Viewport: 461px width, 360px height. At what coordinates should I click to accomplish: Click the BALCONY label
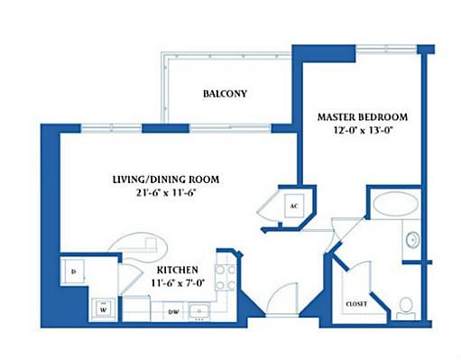(225, 94)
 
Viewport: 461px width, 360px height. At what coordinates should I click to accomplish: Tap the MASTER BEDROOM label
(363, 117)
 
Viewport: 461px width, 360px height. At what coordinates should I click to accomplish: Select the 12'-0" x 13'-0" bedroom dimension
(364, 131)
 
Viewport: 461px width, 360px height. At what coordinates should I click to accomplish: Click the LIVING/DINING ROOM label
(166, 180)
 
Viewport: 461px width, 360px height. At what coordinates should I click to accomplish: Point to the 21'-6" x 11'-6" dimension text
(166, 192)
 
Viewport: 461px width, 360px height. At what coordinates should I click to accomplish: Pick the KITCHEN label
(178, 270)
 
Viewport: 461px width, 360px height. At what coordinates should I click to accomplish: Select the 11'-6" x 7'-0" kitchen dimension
(178, 283)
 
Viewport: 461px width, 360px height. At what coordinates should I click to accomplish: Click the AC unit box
(294, 206)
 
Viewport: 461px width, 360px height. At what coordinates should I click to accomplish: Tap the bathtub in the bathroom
(395, 203)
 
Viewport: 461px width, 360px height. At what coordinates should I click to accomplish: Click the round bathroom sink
(412, 240)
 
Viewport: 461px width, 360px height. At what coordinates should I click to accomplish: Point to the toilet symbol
(406, 309)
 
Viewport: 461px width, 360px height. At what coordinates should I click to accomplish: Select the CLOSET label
(356, 304)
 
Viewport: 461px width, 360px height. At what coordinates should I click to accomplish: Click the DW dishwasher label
(173, 312)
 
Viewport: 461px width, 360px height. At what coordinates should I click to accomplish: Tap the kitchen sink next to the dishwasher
(198, 310)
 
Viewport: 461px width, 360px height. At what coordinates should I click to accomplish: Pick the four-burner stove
(226, 277)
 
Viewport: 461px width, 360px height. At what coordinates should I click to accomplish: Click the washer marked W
(103, 309)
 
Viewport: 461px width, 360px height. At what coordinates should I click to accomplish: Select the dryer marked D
(73, 272)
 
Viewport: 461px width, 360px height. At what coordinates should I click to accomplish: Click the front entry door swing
(282, 299)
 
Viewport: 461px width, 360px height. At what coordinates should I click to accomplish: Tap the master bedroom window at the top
(386, 49)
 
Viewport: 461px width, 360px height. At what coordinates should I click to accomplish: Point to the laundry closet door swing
(132, 278)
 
